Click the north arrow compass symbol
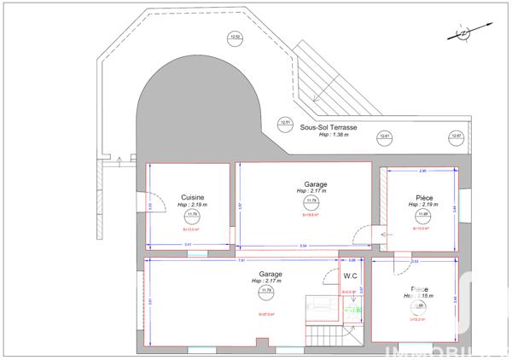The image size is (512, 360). click(463, 32)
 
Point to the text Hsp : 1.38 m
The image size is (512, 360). click(337, 135)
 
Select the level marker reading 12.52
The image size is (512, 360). click(236, 37)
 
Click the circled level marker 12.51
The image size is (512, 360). click(287, 123)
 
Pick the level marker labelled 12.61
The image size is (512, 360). click(385, 136)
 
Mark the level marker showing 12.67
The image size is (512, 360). click(457, 136)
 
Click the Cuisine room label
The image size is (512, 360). click(192, 198)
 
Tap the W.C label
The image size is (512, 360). click(350, 276)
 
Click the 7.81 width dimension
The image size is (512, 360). click(241, 260)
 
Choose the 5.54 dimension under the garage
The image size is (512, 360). click(303, 247)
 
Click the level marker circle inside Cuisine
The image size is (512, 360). click(193, 216)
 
